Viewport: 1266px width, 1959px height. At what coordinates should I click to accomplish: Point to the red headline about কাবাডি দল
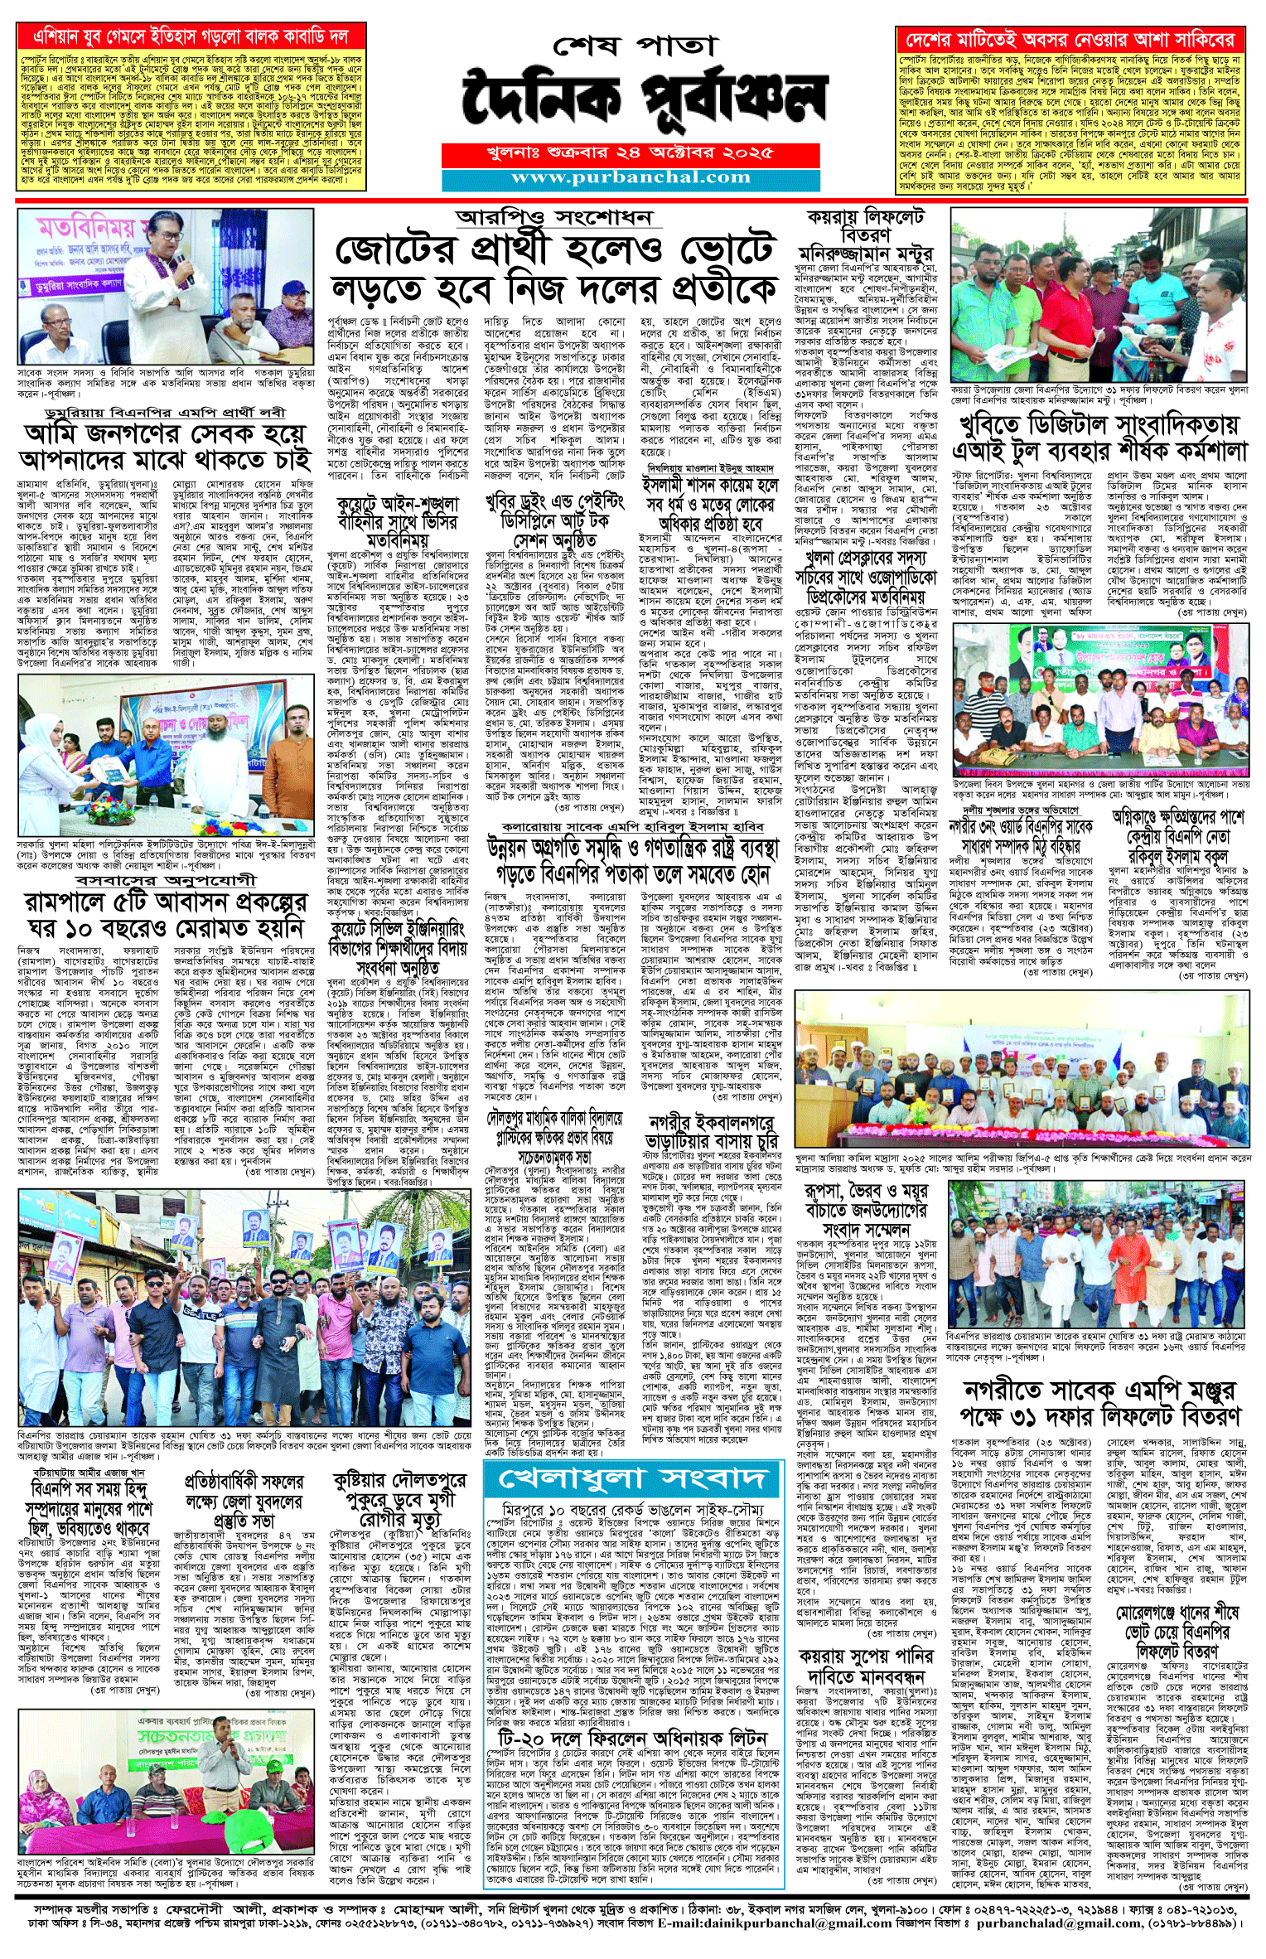pyautogui.click(x=191, y=37)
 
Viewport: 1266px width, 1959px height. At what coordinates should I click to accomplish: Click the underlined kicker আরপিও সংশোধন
pyautogui.click(x=554, y=218)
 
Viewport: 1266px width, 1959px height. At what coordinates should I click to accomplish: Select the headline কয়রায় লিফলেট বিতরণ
pyautogui.click(x=865, y=225)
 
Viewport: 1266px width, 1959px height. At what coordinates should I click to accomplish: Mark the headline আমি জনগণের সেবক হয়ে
pyautogui.click(x=166, y=447)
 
